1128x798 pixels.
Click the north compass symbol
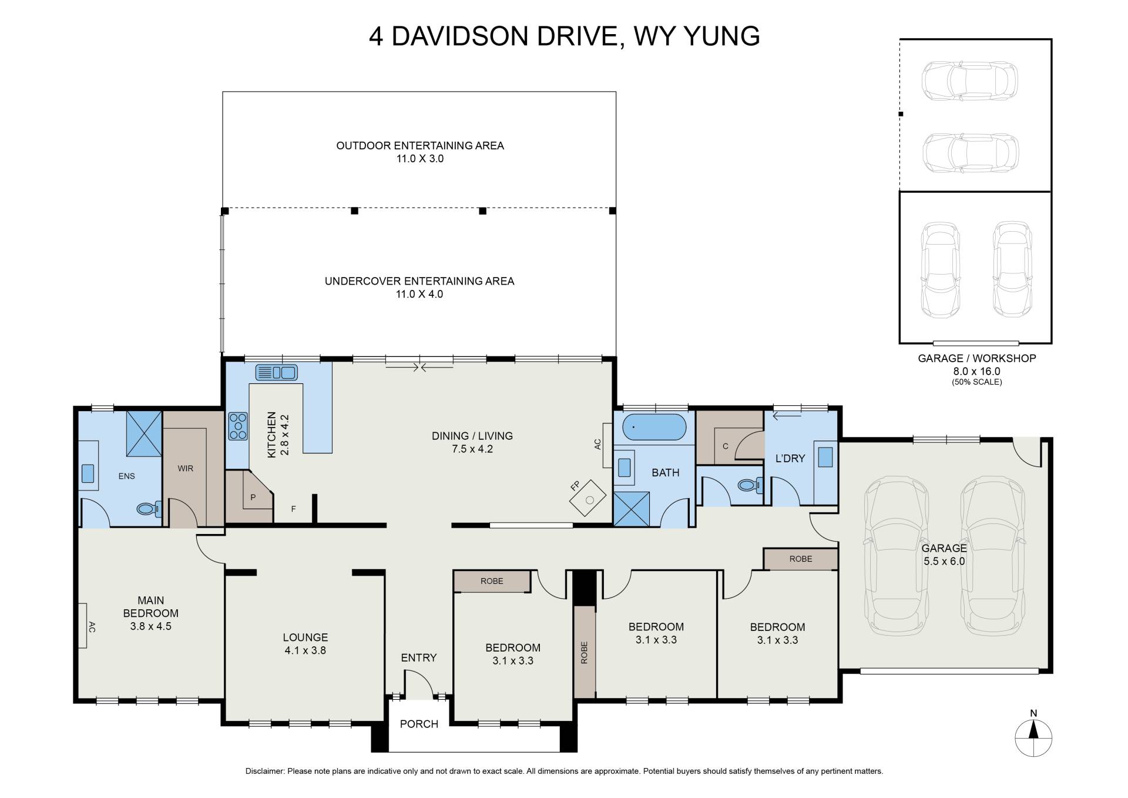1033,738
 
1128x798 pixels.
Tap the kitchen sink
276,372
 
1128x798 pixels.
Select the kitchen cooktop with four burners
238,426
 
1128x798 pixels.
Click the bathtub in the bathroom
654,428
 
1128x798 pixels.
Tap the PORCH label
419,724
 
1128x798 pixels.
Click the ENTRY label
419,657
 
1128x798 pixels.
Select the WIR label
186,469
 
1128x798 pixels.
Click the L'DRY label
790,458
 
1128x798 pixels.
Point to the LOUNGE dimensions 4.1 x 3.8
305,650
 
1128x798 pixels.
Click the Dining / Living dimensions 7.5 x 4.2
472,449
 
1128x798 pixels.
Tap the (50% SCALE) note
976,382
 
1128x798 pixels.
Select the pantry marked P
249,496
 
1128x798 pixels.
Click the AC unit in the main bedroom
82,626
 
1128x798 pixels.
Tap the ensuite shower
144,433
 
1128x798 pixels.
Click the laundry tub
825,457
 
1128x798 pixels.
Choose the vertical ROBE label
584,653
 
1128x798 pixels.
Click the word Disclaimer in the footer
265,771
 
